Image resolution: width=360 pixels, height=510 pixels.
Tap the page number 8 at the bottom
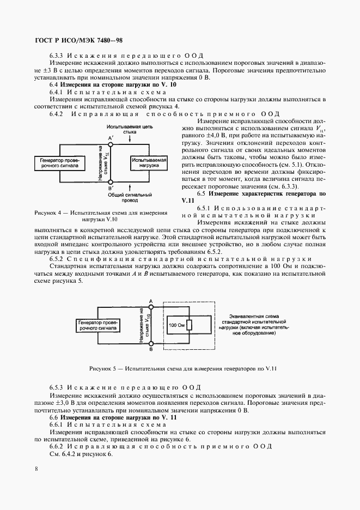click(x=36, y=468)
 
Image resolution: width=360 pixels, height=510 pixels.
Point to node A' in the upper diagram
click(x=111, y=144)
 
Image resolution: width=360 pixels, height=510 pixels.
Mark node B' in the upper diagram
click(x=111, y=183)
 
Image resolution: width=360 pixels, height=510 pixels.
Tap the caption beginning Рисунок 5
click(x=184, y=368)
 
